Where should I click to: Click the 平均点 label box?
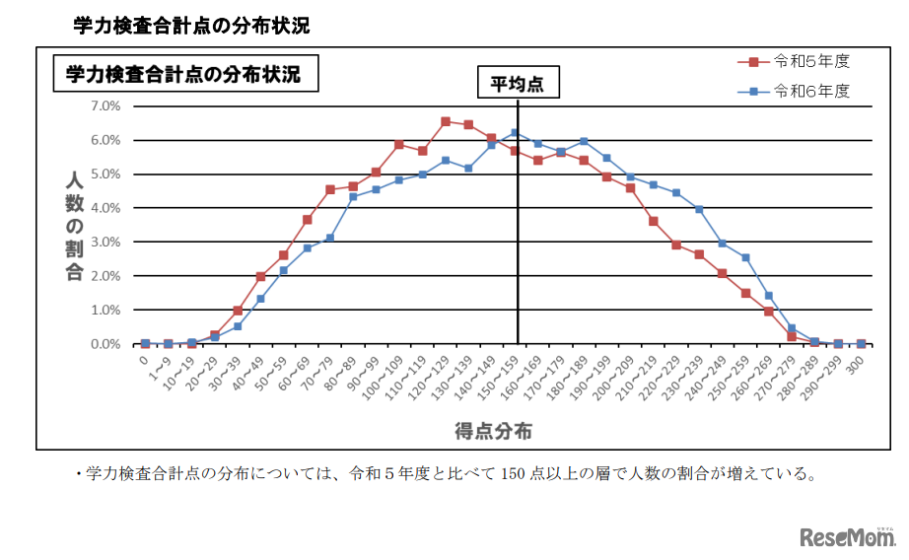point(518,84)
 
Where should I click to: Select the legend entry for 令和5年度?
point(795,61)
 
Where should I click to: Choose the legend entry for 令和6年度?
point(795,92)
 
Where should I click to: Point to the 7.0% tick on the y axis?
point(105,105)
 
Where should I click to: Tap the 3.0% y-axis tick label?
point(105,242)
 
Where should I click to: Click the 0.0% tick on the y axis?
point(105,344)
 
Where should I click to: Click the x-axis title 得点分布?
point(494,431)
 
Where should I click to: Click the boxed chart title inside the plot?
point(184,74)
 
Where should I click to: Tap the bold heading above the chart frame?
point(191,26)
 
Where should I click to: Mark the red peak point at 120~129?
point(446,121)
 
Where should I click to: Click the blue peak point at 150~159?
point(515,132)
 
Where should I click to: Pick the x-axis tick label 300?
point(857,363)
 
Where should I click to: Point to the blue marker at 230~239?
point(699,209)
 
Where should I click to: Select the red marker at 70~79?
point(330,189)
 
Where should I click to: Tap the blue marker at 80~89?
point(353,197)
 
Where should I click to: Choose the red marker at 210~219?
point(653,221)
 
